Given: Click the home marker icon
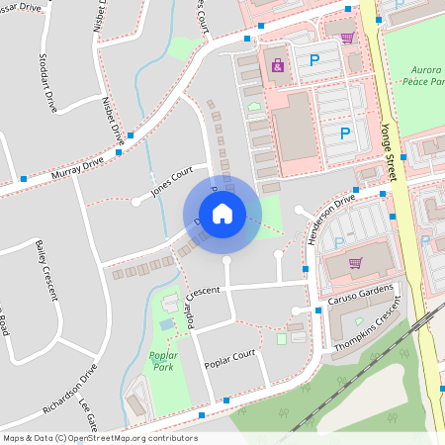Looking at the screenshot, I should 222,213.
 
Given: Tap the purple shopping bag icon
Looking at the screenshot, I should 277,65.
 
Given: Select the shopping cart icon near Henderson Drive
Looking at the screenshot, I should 355,263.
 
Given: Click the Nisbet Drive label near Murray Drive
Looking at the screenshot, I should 112,121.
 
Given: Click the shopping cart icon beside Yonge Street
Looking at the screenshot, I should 347,38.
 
